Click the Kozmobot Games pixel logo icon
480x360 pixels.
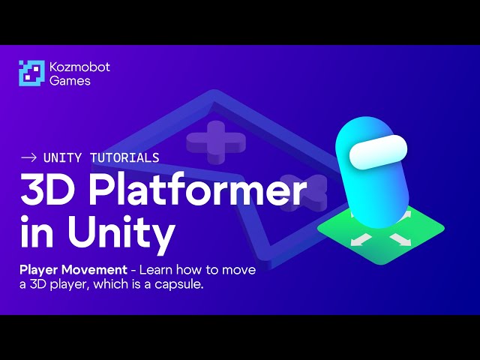point(32,73)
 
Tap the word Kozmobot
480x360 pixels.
point(79,67)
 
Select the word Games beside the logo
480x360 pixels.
point(70,81)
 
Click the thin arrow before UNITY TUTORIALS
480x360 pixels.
point(29,157)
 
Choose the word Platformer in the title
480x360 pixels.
point(198,193)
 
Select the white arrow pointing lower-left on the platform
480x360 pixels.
point(362,239)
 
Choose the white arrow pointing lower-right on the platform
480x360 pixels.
point(398,240)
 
